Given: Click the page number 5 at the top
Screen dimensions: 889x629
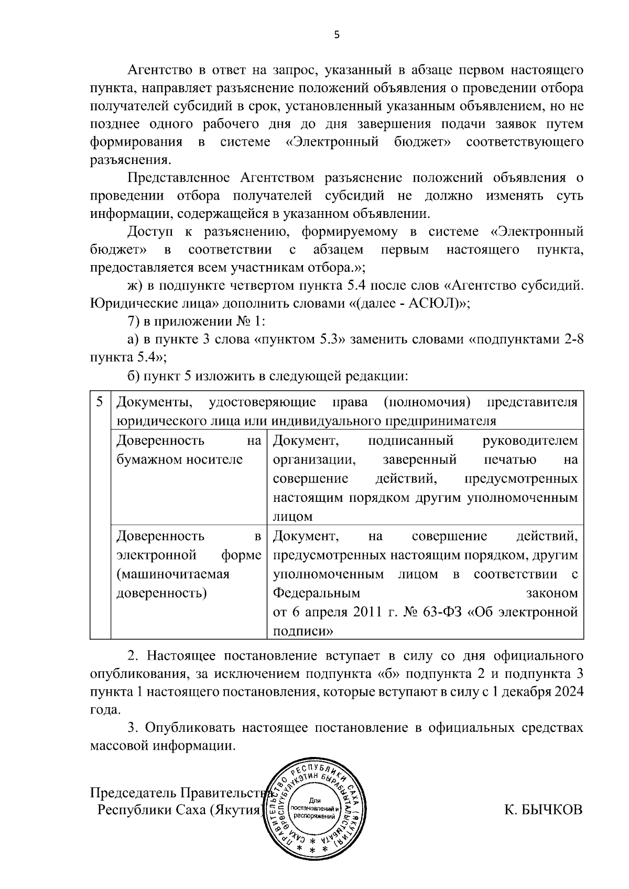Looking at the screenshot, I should pos(337,35).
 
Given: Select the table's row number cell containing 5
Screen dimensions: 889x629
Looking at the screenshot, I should pos(100,402).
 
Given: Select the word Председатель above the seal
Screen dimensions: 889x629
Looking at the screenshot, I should pos(133,792).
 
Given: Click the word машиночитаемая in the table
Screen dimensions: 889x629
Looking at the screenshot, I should pos(173,574).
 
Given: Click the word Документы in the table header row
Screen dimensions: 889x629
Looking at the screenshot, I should pos(153,402).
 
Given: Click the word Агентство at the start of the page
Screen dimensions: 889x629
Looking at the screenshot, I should pos(159,70).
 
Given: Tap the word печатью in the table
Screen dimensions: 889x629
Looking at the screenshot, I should pos(509,459).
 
